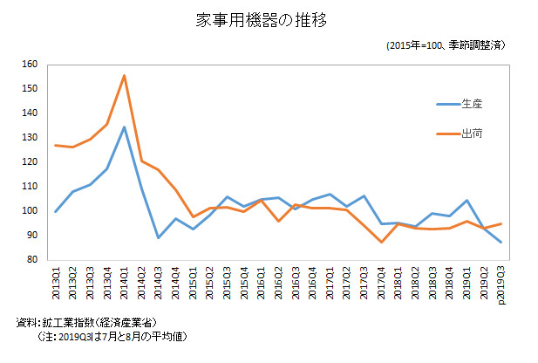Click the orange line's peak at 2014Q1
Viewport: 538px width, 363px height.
pyautogui.click(x=124, y=76)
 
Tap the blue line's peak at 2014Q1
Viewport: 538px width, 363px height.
pyautogui.click(x=124, y=127)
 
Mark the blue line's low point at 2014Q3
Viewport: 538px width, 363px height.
pyautogui.click(x=158, y=237)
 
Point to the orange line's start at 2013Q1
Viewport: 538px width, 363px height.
pyautogui.click(x=57, y=145)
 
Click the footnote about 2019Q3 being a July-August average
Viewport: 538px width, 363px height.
pyautogui.click(x=108, y=336)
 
